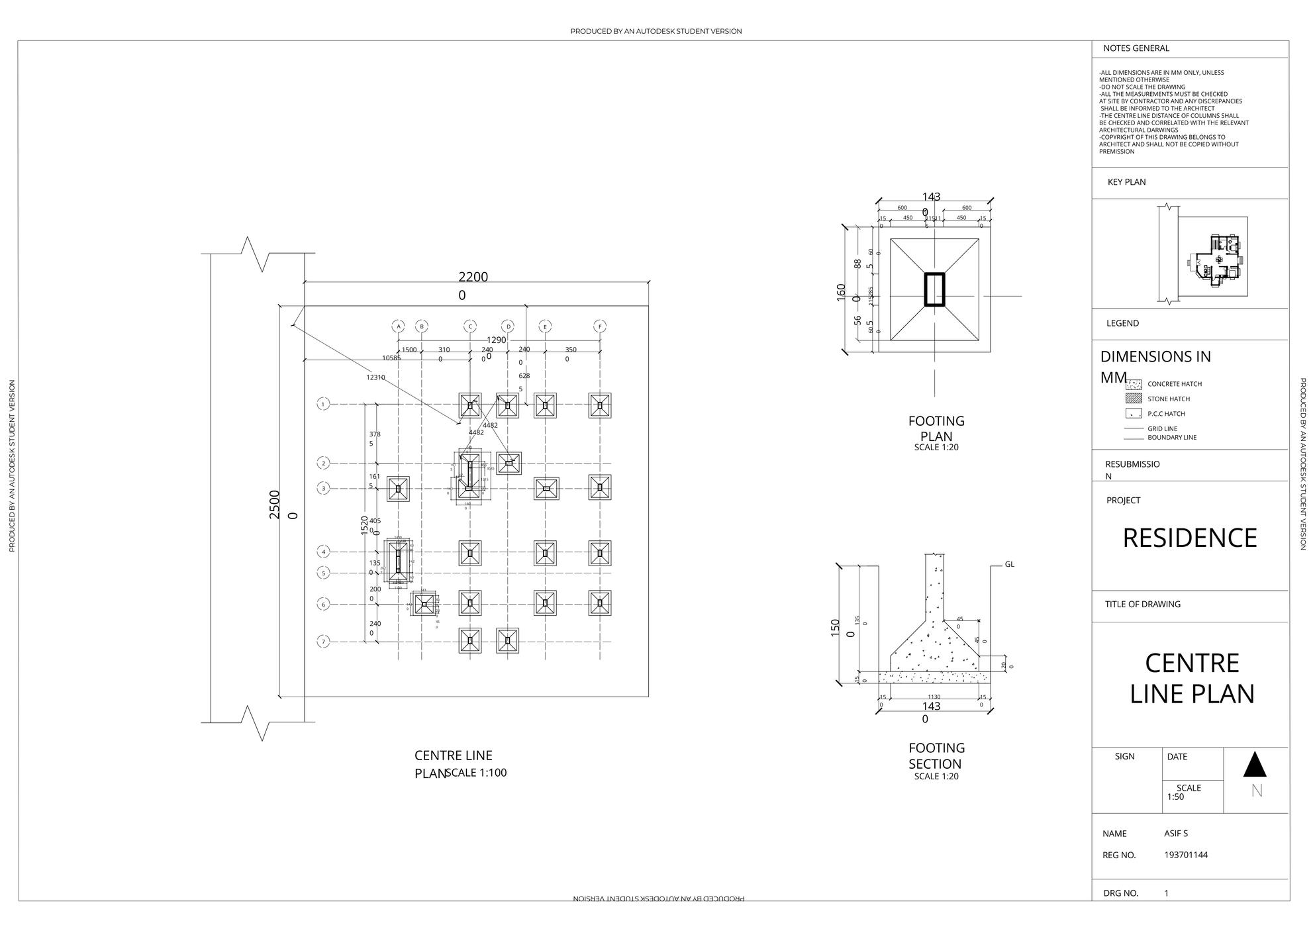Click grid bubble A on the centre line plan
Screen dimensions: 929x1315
click(x=399, y=326)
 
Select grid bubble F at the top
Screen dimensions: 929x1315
click(x=600, y=326)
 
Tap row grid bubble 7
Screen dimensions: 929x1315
click(x=323, y=642)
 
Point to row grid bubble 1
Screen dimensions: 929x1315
click(x=323, y=404)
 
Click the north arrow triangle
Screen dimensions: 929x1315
click(x=1255, y=764)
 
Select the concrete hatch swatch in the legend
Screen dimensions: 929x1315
click(x=1134, y=384)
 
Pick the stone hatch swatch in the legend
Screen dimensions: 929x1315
click(x=1134, y=399)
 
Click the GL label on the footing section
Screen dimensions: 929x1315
click(x=1009, y=565)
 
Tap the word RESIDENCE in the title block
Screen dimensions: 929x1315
click(x=1189, y=538)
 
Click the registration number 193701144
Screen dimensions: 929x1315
click(x=1185, y=855)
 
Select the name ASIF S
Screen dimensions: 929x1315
click(x=1176, y=834)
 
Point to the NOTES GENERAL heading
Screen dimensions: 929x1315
click(x=1136, y=48)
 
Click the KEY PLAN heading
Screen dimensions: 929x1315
click(x=1126, y=182)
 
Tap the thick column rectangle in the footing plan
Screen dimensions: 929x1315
click(x=934, y=289)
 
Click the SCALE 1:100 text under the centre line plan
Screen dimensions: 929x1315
click(x=476, y=773)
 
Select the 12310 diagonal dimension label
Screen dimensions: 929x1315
click(x=375, y=377)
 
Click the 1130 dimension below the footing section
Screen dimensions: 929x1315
click(x=934, y=697)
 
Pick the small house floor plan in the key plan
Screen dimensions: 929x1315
click(x=1217, y=260)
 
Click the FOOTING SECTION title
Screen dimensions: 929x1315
click(x=936, y=756)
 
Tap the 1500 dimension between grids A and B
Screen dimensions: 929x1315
click(x=409, y=350)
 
